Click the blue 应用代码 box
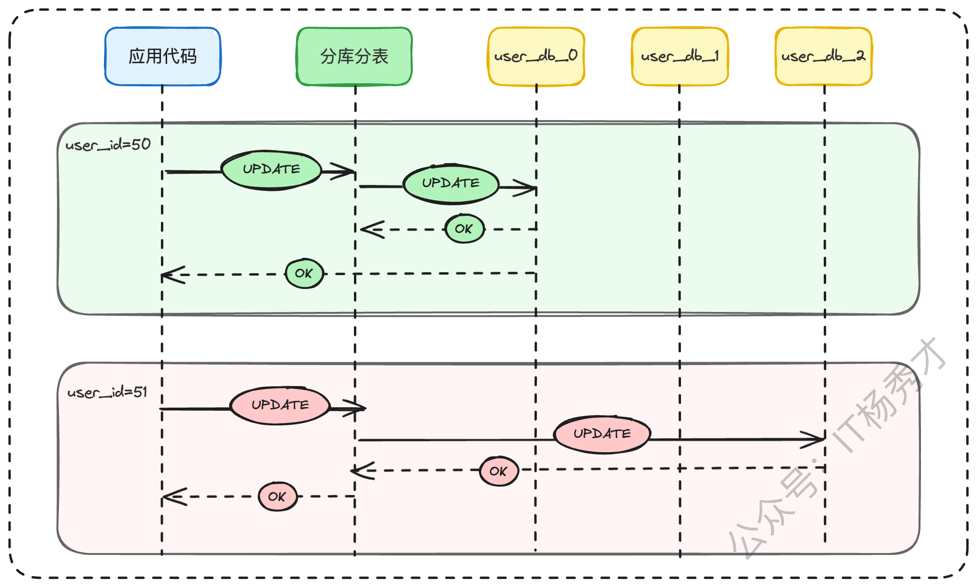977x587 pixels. (x=162, y=56)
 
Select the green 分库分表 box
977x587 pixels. (x=354, y=56)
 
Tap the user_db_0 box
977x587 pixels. (x=536, y=56)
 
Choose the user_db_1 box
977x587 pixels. (x=680, y=56)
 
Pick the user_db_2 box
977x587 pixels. (x=823, y=56)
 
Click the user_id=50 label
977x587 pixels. (x=108, y=144)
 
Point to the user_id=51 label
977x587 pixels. (x=107, y=392)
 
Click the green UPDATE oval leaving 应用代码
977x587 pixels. (x=271, y=170)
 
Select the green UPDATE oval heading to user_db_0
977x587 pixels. (x=451, y=184)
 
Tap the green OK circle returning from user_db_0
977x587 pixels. (x=464, y=229)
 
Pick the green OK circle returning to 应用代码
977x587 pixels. (x=304, y=274)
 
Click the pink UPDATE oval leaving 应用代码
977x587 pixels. (x=280, y=405)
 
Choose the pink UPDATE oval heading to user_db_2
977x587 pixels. (x=602, y=434)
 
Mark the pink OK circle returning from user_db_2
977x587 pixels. (x=499, y=471)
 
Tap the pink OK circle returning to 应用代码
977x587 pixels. (x=277, y=497)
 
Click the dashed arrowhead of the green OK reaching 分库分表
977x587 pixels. (x=370, y=230)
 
